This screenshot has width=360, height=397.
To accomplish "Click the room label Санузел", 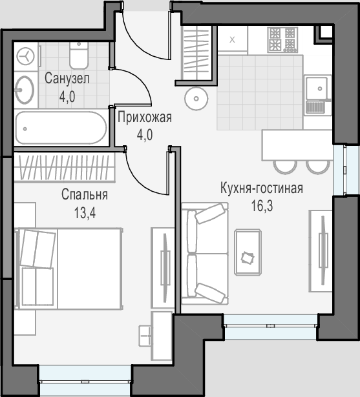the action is point(67,78).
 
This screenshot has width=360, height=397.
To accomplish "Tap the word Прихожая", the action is point(145,117).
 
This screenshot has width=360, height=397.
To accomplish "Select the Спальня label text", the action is point(85,194).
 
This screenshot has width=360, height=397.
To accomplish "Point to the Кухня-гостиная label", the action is point(262,188).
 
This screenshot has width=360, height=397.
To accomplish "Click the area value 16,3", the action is point(262,206).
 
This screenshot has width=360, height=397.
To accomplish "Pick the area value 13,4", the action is point(85,213).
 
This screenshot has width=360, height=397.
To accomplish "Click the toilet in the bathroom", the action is point(79,55).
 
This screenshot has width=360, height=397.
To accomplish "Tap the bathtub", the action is point(61,128).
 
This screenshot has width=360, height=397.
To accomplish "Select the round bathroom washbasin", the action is point(25,90).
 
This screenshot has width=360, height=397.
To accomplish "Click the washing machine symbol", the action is point(25,56).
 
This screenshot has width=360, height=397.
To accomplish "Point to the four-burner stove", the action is point(283,39).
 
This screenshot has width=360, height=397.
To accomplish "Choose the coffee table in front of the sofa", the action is point(248,252).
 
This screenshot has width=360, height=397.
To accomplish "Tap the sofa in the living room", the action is point(205,254).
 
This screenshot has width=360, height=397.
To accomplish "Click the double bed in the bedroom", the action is point(69,269).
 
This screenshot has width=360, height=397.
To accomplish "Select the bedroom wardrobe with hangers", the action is point(65,167).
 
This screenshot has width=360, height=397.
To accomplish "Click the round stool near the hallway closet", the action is point(196,99).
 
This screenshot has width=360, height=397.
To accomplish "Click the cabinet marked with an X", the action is point(232,40).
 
